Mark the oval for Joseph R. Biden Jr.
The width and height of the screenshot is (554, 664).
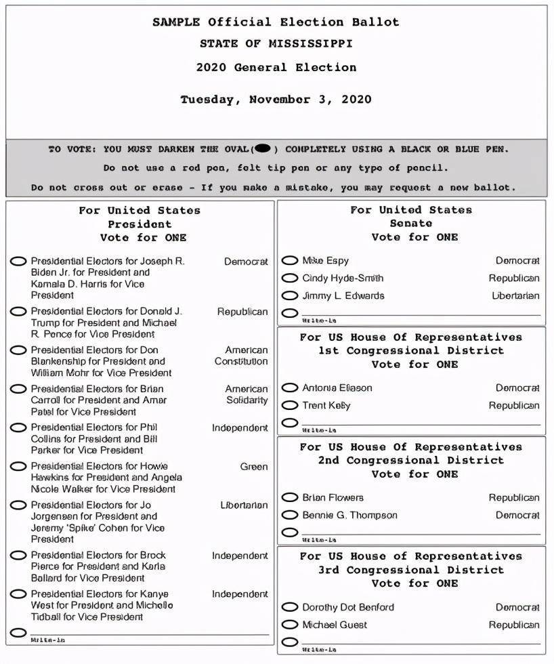19,261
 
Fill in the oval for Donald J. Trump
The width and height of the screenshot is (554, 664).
19,312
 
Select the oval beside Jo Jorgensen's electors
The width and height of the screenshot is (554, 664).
19,505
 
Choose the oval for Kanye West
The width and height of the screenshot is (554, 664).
19,594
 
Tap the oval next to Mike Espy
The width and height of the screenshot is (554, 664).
290,260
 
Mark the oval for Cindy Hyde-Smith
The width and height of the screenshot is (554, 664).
290,278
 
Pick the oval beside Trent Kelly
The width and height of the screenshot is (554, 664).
290,405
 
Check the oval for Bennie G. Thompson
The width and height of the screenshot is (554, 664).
290,515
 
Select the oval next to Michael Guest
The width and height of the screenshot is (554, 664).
290,625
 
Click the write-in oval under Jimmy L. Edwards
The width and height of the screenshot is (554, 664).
290,313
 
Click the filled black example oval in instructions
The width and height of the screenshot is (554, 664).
263,148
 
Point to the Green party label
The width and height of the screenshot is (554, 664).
254,466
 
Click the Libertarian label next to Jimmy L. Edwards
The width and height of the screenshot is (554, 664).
515,295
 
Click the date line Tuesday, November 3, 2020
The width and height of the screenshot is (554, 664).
276,100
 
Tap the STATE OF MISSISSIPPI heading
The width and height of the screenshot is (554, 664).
276,43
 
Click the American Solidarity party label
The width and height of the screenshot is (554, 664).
247,394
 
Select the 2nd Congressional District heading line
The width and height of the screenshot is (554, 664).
411,460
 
